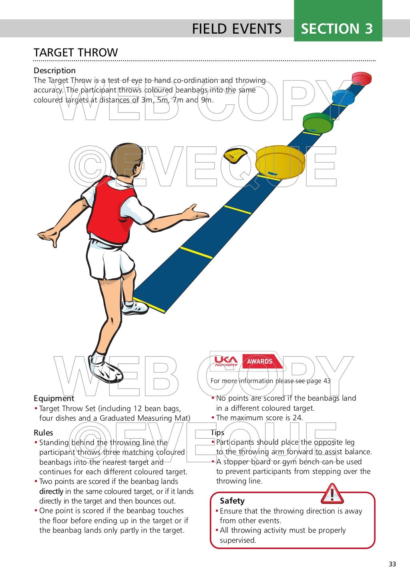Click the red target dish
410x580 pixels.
tap(362, 78)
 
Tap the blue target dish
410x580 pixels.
tap(343, 97)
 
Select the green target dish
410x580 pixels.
tap(318, 122)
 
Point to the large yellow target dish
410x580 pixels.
tap(280, 162)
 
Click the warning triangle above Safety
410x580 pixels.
tap(332, 494)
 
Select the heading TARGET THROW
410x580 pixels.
tap(76, 52)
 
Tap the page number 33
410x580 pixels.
tap(392, 564)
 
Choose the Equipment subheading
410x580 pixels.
tap(54, 398)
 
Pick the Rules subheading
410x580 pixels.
tap(43, 433)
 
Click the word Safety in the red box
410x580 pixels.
tap(232, 501)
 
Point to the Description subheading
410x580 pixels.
tap(54, 70)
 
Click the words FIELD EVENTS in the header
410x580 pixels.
tap(237, 29)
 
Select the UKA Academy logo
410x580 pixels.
tap(226, 361)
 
